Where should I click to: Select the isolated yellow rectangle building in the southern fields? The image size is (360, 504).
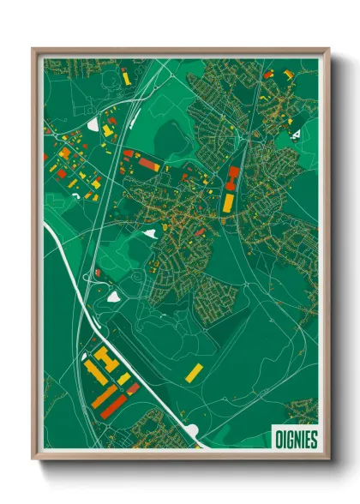(195, 372)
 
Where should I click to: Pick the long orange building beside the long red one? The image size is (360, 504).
(105, 396)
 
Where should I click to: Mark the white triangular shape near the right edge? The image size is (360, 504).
(295, 134)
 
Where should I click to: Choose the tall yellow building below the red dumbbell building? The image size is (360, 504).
(228, 202)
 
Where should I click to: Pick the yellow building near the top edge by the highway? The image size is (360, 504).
(126, 77)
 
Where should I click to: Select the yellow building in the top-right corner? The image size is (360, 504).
(286, 75)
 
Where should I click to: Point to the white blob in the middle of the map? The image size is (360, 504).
(151, 233)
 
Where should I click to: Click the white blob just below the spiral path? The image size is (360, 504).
(113, 297)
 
